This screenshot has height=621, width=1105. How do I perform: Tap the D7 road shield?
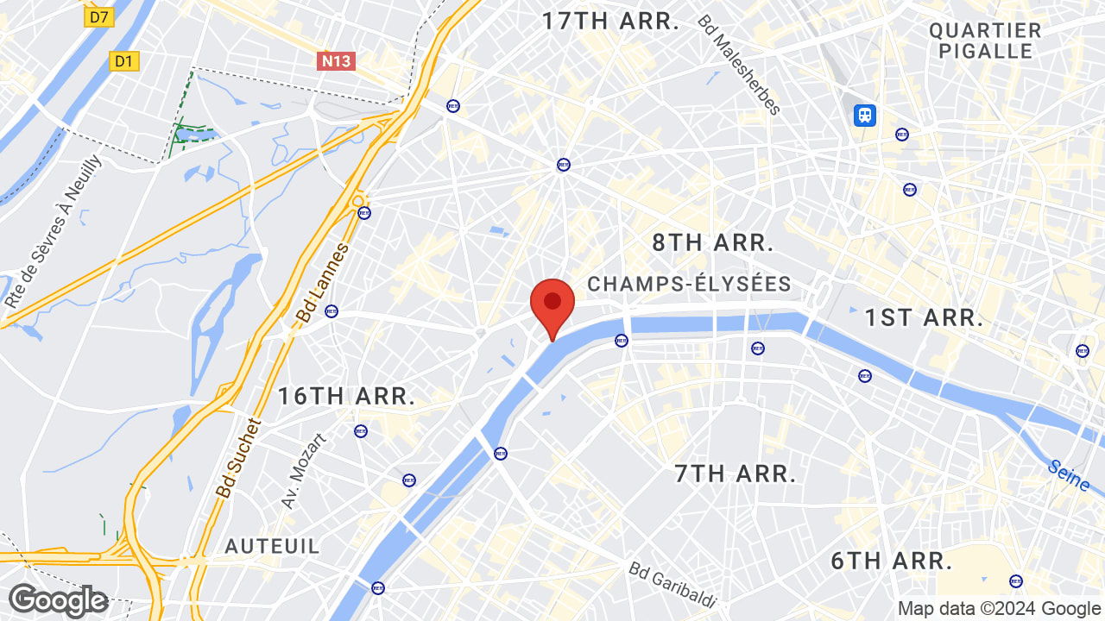pyautogui.click(x=100, y=16)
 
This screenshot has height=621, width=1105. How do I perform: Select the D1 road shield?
pyautogui.click(x=124, y=60)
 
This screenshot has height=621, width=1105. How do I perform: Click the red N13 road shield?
pyautogui.click(x=337, y=60)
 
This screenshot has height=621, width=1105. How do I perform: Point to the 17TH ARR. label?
pyautogui.click(x=610, y=22)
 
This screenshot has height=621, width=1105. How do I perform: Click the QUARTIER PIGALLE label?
pyautogui.click(x=985, y=41)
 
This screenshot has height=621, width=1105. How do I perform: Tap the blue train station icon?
pyautogui.click(x=864, y=115)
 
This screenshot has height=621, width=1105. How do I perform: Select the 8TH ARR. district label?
pyautogui.click(x=712, y=242)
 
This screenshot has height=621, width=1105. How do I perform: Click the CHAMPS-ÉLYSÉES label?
pyautogui.click(x=689, y=284)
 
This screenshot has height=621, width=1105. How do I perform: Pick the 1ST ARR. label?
pyautogui.click(x=924, y=317)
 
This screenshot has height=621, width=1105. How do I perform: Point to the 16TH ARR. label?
pyautogui.click(x=346, y=396)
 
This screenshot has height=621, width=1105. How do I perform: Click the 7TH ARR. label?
pyautogui.click(x=735, y=474)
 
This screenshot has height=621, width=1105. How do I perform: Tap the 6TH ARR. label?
pyautogui.click(x=892, y=561)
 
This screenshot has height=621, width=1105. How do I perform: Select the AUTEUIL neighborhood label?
pyautogui.click(x=272, y=546)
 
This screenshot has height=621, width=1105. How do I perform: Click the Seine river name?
pyautogui.click(x=1069, y=475)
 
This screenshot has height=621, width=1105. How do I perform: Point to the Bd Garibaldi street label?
pyautogui.click(x=673, y=585)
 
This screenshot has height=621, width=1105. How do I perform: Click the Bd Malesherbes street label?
pyautogui.click(x=739, y=65)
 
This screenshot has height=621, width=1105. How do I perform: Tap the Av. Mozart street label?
pyautogui.click(x=304, y=471)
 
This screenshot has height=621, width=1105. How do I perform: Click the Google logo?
pyautogui.click(x=58, y=600)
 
